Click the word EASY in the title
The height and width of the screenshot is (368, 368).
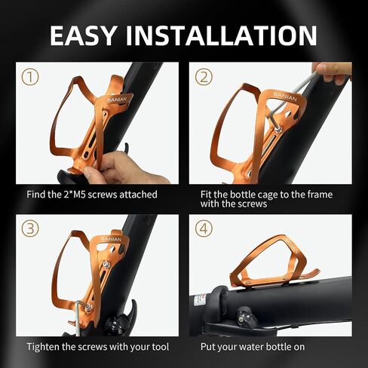[x=83, y=35]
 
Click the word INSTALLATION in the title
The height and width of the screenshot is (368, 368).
[x=221, y=35]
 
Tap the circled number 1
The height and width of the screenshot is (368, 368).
[x=30, y=77]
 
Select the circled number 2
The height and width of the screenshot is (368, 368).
[x=204, y=77]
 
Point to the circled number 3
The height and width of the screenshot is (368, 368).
[x=30, y=228]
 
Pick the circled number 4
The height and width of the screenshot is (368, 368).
[x=204, y=228]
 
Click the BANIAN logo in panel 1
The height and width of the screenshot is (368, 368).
[x=117, y=100]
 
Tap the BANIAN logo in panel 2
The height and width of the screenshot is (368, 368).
[x=285, y=97]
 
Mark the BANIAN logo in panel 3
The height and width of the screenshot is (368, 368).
[x=112, y=239]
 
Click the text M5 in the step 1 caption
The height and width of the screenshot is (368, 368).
[x=79, y=195]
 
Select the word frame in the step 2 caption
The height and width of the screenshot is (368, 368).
[x=320, y=195]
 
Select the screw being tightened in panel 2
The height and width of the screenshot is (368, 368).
[x=278, y=130]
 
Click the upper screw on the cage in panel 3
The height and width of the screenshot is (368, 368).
[x=106, y=265]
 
